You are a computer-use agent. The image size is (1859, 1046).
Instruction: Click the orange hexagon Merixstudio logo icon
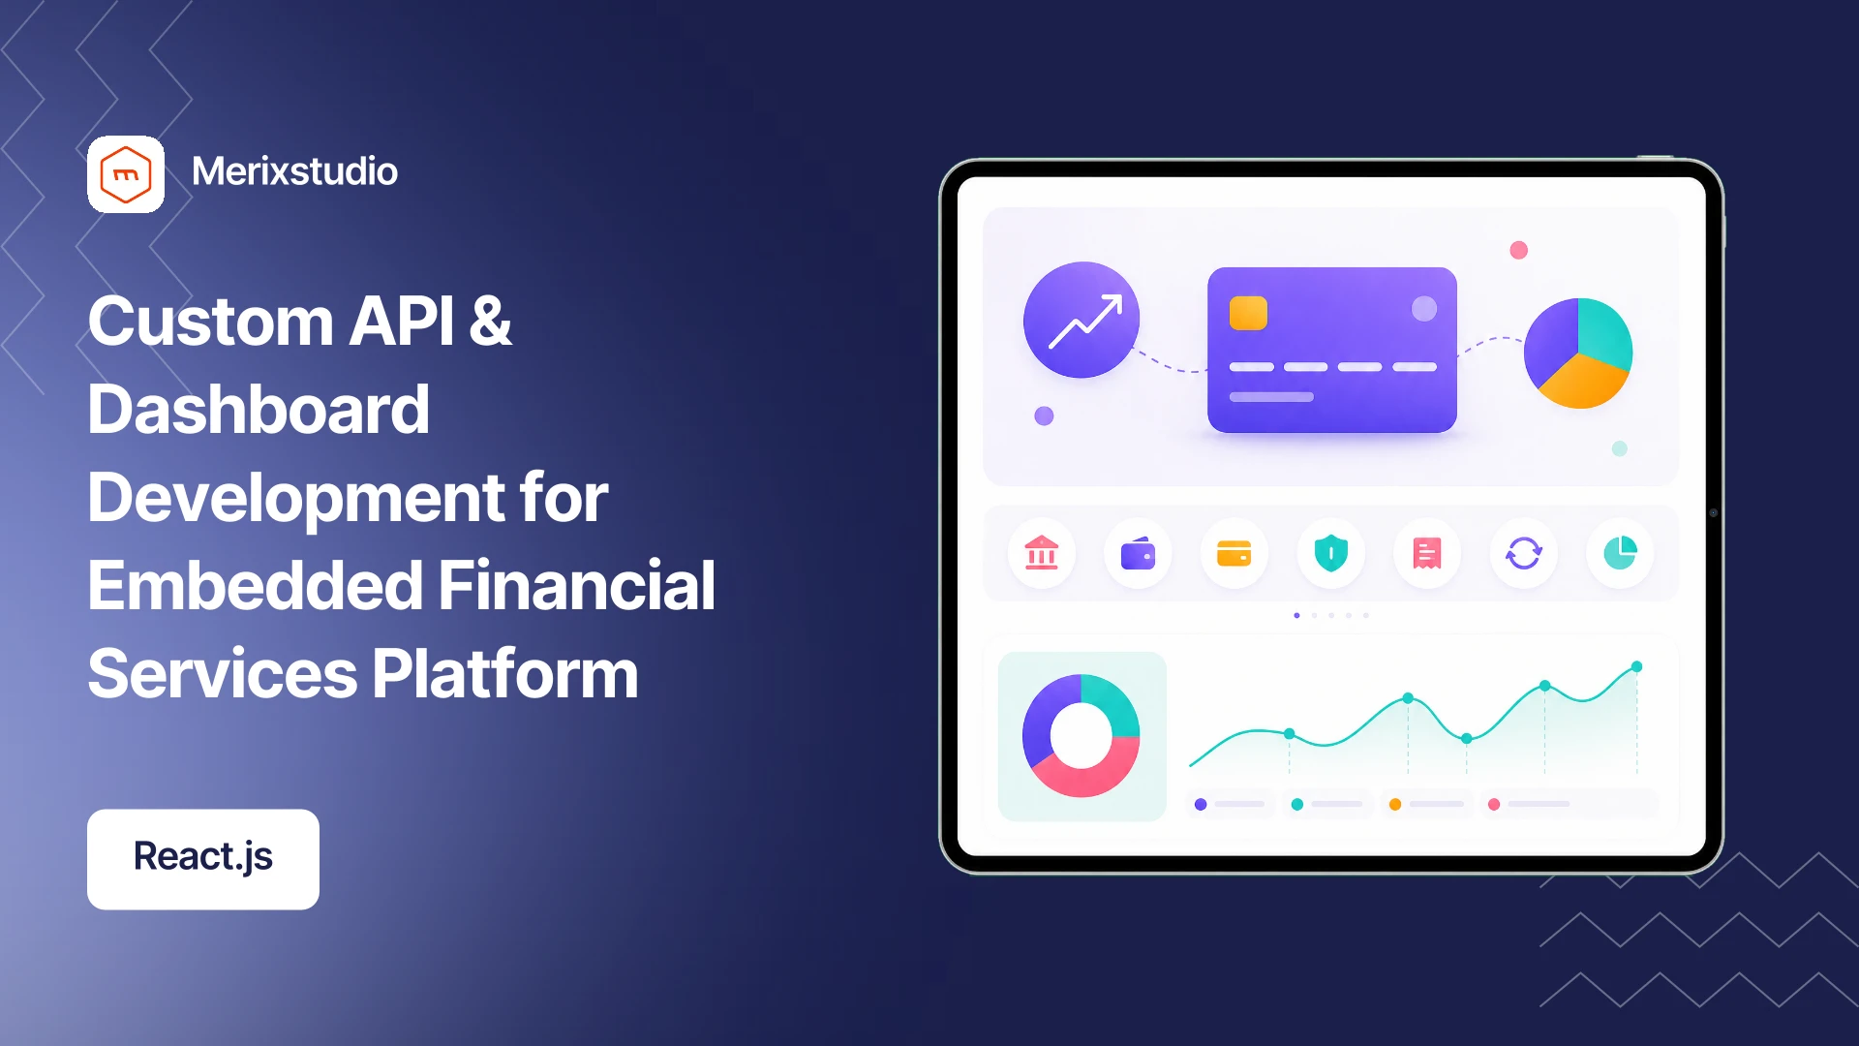[126, 174]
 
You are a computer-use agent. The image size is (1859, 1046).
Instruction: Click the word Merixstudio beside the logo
[294, 171]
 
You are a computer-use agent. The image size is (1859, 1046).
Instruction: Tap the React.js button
[203, 859]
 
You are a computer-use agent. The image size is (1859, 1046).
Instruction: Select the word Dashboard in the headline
[259, 409]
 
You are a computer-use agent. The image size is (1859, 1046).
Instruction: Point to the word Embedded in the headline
[256, 585]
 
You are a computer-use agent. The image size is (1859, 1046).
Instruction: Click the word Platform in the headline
[504, 674]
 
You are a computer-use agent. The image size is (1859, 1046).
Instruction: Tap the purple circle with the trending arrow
[1082, 320]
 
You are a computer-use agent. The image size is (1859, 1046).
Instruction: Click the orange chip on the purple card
[1248, 313]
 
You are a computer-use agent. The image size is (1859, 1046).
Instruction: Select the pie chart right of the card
[1578, 353]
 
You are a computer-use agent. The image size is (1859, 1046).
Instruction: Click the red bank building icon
[1042, 553]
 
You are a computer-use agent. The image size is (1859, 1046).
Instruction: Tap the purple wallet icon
[1138, 554]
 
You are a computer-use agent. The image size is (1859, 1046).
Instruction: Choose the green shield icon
[1331, 553]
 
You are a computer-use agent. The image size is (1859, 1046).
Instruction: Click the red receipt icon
[1427, 553]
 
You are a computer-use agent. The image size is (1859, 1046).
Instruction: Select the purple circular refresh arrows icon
[1523, 553]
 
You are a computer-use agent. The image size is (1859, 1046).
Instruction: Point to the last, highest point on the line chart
[1637, 666]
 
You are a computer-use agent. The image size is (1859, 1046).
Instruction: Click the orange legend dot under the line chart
[1395, 804]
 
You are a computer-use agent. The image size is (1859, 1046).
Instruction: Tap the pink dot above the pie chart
[1519, 250]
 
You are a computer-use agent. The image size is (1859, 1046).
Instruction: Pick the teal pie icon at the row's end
[1620, 553]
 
